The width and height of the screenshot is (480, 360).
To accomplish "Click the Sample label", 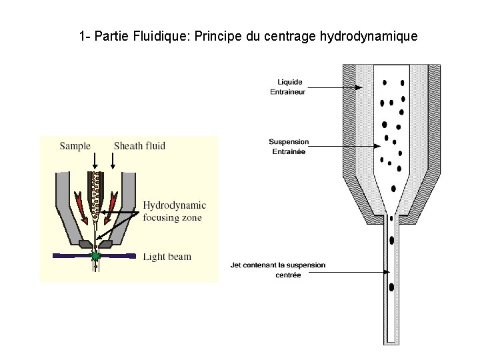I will click(x=75, y=146).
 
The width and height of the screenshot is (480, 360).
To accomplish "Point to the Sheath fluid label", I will click(x=139, y=146).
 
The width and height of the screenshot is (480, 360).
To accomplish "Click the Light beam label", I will click(x=167, y=257).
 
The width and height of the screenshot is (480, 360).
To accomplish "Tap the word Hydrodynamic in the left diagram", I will click(x=174, y=205).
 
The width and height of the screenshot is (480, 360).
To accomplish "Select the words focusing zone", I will click(x=172, y=217).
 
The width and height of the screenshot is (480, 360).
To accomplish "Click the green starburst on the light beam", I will click(x=96, y=255).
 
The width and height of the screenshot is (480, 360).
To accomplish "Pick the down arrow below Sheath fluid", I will click(x=114, y=163).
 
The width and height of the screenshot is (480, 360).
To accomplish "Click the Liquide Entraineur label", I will click(x=287, y=87).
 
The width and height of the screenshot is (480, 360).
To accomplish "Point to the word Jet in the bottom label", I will click(x=235, y=265).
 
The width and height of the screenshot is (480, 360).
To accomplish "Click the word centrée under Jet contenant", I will click(x=287, y=275).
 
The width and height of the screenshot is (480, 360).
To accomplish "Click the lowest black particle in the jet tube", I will click(x=391, y=287).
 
